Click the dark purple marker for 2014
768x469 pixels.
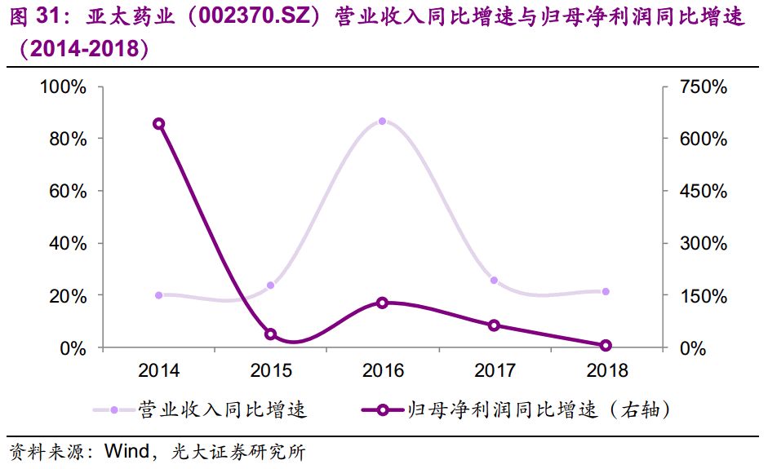coord(158,124)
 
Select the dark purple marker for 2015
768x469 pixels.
coord(271,334)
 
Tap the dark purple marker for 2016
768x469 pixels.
coord(382,303)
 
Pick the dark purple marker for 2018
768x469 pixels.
coord(606,346)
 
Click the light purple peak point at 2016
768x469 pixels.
coord(382,122)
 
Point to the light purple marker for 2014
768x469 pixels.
coord(158,295)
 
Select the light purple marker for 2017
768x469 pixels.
coord(494,281)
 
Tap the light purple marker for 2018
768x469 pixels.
coord(606,291)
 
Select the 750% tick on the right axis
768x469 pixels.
coord(699,86)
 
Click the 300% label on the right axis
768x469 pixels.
coord(699,243)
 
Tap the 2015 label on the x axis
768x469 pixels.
coord(271,370)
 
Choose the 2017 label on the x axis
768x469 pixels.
coord(494,370)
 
